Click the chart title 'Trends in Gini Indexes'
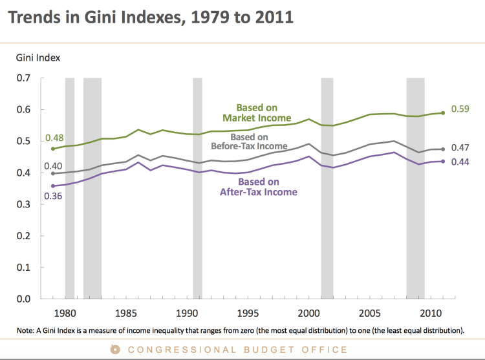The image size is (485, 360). (151, 17)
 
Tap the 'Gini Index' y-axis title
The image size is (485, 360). (38, 58)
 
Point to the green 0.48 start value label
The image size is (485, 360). (54, 138)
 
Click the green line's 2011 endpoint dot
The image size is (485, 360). (442, 112)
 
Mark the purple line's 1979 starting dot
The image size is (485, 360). (52, 186)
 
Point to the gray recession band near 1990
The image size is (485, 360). (198, 187)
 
